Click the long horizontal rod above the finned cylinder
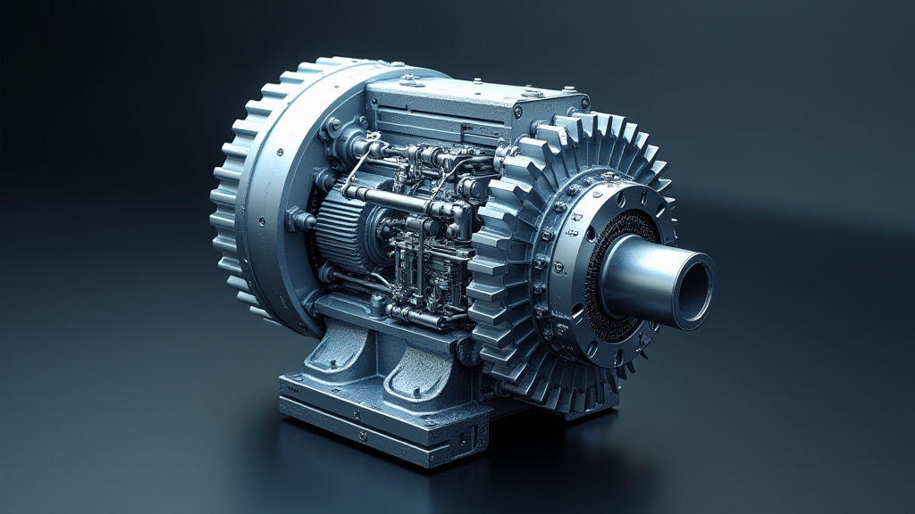[x=393, y=199]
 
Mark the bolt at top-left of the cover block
[x=410, y=79]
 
